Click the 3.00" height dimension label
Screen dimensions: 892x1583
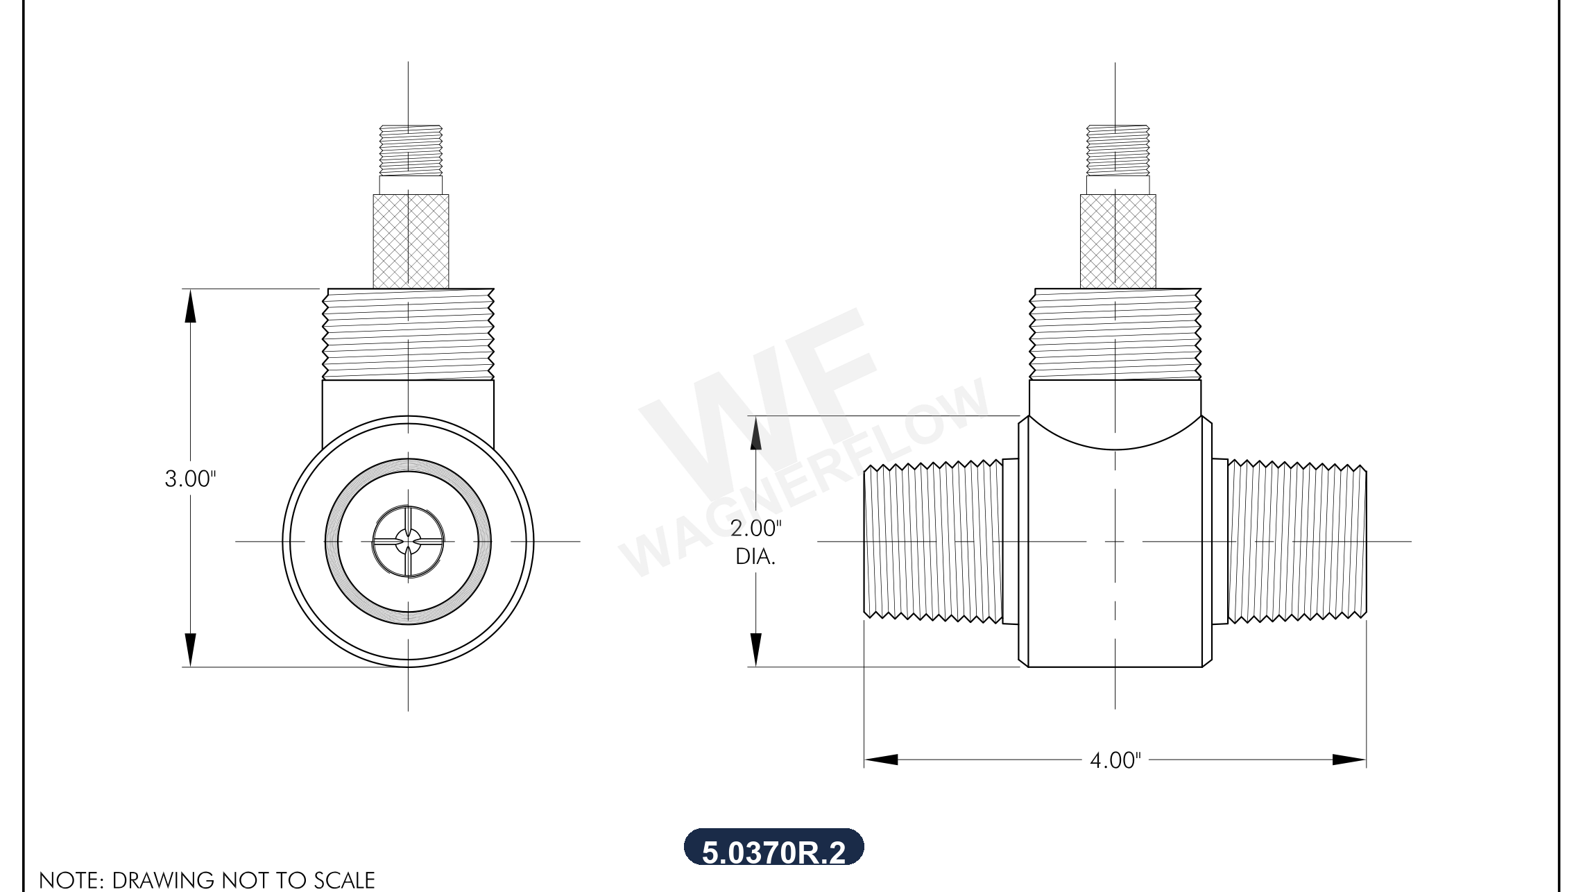pyautogui.click(x=190, y=479)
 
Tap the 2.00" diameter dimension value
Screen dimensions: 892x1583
pyautogui.click(x=755, y=529)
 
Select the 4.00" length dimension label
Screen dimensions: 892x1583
pyautogui.click(x=1115, y=760)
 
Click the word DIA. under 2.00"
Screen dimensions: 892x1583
pyautogui.click(x=755, y=556)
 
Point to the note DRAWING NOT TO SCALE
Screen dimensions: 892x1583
pyautogui.click(x=207, y=880)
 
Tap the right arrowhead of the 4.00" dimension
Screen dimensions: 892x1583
pyautogui.click(x=1349, y=760)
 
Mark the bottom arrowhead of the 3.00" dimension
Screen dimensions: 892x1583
pyautogui.click(x=190, y=650)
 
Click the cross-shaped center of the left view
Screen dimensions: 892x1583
pyautogui.click(x=408, y=542)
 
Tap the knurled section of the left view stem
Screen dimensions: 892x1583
pyautogui.click(x=411, y=241)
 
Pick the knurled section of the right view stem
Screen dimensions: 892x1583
pyautogui.click(x=1118, y=241)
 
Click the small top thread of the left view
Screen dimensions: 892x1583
pyautogui.click(x=411, y=150)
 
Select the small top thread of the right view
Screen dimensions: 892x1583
pyautogui.click(x=1118, y=150)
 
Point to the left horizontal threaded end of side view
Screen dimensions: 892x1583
pyautogui.click(x=932, y=542)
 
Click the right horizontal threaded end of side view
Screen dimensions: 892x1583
pyautogui.click(x=1297, y=542)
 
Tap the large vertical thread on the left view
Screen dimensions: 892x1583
pyautogui.click(x=408, y=334)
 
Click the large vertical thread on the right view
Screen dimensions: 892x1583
pyautogui.click(x=1115, y=334)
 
